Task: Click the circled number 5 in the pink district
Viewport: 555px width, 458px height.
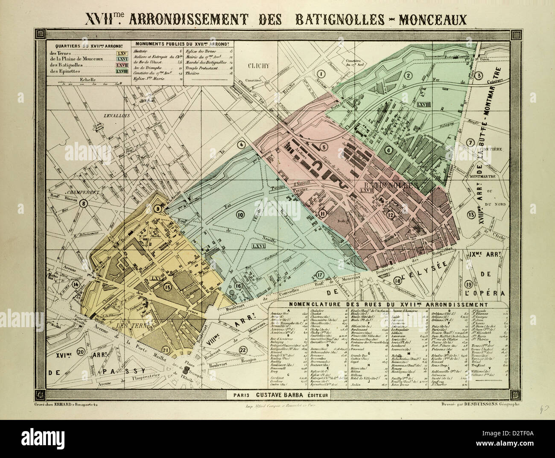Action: click(324, 148)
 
